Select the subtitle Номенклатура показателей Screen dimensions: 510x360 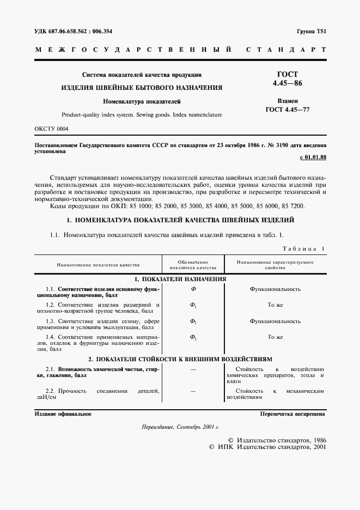(x=142, y=101)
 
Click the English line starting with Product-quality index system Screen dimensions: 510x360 (x=142, y=115)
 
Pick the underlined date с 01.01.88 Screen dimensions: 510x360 (x=313, y=158)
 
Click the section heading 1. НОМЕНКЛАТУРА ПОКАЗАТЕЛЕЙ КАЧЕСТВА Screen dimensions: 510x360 (x=180, y=220)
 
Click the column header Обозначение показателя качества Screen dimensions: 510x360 (x=193, y=265)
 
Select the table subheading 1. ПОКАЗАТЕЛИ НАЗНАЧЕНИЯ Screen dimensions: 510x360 (x=180, y=278)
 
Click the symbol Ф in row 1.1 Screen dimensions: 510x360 (x=193, y=289)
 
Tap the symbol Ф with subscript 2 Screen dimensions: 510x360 (x=193, y=321)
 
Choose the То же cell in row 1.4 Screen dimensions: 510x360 (x=275, y=337)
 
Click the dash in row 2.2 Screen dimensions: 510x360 (x=193, y=391)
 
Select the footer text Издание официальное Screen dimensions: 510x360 (x=63, y=414)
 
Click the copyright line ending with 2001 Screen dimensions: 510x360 (x=267, y=447)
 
